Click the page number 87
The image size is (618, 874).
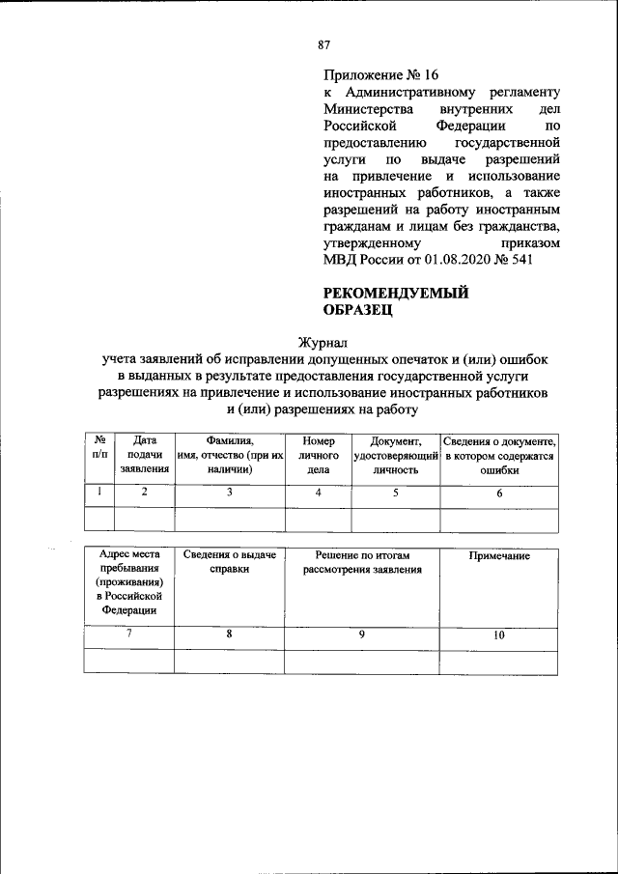(x=324, y=44)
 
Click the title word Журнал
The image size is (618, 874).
(x=323, y=342)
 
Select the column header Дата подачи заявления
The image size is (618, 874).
(x=144, y=455)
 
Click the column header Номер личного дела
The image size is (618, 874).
(x=318, y=455)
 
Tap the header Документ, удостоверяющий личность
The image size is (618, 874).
(x=395, y=455)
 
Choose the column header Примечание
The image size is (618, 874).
(x=498, y=558)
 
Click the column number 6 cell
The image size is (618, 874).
(x=499, y=493)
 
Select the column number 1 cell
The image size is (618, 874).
(x=99, y=493)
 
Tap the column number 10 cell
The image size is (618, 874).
(x=498, y=635)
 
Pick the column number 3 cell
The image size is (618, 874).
(x=230, y=493)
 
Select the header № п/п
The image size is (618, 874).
(x=99, y=446)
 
